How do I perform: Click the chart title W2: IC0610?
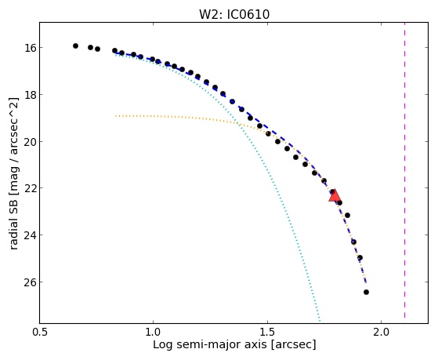[234, 14]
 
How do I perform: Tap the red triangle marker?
[334, 196]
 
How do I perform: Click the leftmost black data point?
[75, 45]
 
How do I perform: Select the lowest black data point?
[366, 292]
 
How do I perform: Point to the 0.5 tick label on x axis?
[40, 332]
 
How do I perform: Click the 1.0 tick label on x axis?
[153, 332]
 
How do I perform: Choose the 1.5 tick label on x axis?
[268, 332]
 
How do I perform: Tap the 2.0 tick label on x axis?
[382, 332]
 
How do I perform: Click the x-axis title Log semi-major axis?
[209, 344]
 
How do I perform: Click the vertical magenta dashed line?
[404, 170]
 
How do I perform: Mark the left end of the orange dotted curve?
[116, 115]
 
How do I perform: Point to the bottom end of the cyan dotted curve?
[320, 321]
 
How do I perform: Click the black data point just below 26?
[366, 292]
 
